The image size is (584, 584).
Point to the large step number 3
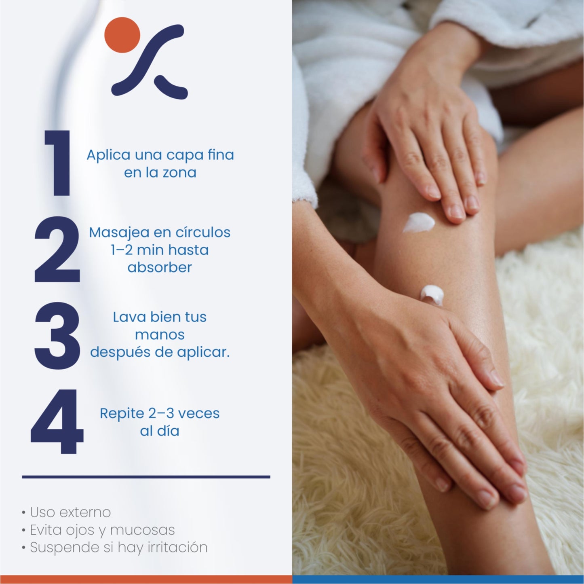coord(57,335)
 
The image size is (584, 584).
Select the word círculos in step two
coord(202,233)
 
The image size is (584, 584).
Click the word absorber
coord(160,267)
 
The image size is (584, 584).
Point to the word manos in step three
coord(160,335)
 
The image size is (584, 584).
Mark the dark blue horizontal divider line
coord(146,477)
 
